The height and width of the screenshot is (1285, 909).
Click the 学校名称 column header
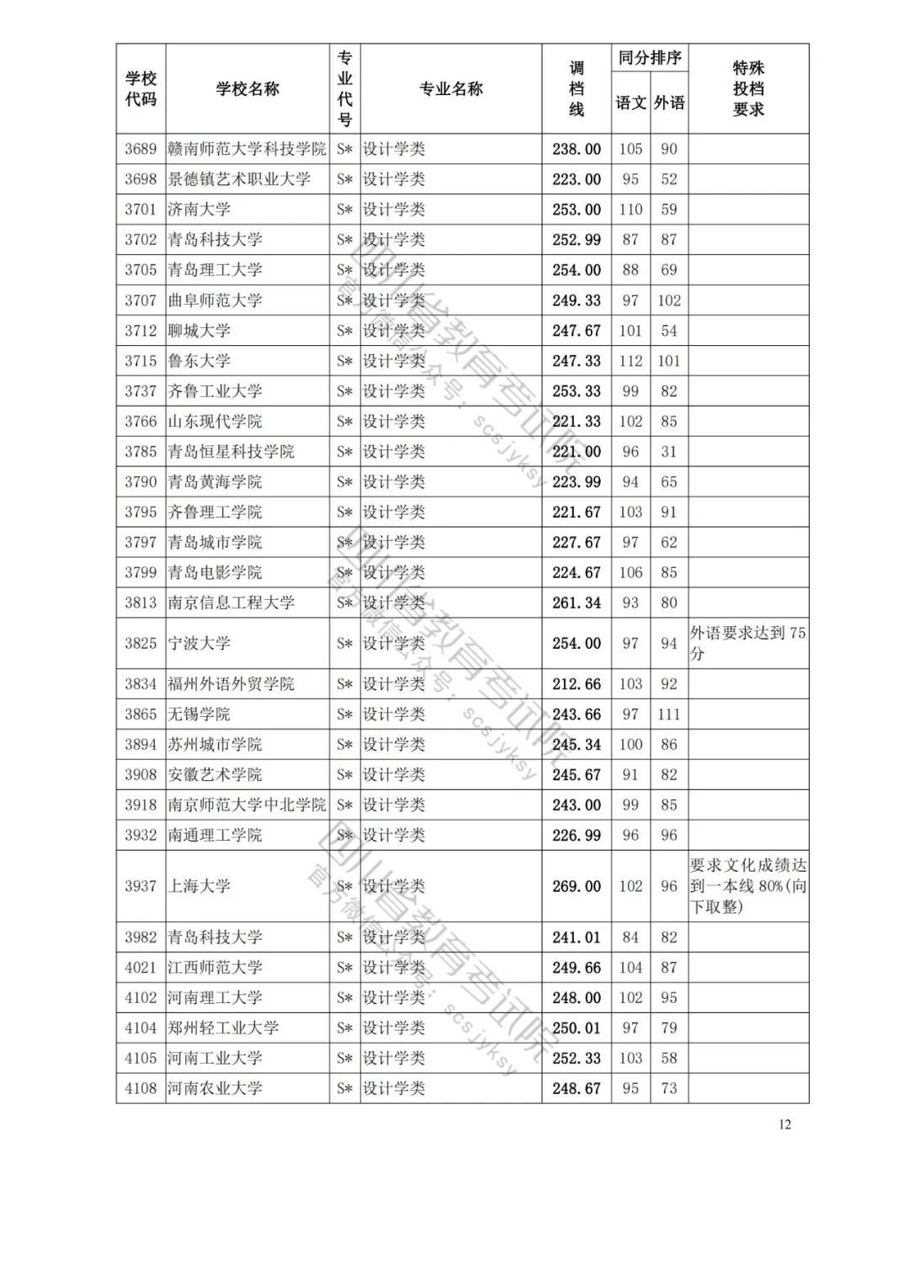pyautogui.click(x=247, y=89)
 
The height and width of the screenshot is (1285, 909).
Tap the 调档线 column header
pyautogui.click(x=576, y=89)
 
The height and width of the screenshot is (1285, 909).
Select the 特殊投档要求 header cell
pyautogui.click(x=748, y=89)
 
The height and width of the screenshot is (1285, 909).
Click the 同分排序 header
pyautogui.click(x=649, y=58)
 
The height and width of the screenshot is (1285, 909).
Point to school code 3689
pyautogui.click(x=141, y=149)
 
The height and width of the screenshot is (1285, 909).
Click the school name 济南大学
pyautogui.click(x=199, y=210)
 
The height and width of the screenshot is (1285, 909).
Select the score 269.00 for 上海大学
pyautogui.click(x=577, y=886)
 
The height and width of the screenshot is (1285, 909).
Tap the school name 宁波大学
pyautogui.click(x=199, y=643)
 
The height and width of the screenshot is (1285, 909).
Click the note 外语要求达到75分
pyautogui.click(x=747, y=643)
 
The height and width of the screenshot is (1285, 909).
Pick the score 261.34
pyautogui.click(x=577, y=603)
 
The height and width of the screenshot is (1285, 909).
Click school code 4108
pyautogui.click(x=141, y=1088)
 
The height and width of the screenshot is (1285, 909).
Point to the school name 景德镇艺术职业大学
pyautogui.click(x=239, y=179)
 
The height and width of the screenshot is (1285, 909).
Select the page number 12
pyautogui.click(x=784, y=1125)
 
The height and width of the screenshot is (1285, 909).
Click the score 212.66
pyautogui.click(x=577, y=684)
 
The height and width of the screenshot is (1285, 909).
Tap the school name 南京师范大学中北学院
pyautogui.click(x=247, y=805)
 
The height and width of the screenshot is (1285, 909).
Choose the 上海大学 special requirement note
pyautogui.click(x=747, y=886)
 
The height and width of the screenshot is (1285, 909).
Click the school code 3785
pyautogui.click(x=141, y=452)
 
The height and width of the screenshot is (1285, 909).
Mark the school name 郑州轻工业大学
pyautogui.click(x=223, y=1027)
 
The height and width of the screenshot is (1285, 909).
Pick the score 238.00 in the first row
pyautogui.click(x=577, y=149)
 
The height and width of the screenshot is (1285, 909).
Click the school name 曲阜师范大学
pyautogui.click(x=215, y=300)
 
